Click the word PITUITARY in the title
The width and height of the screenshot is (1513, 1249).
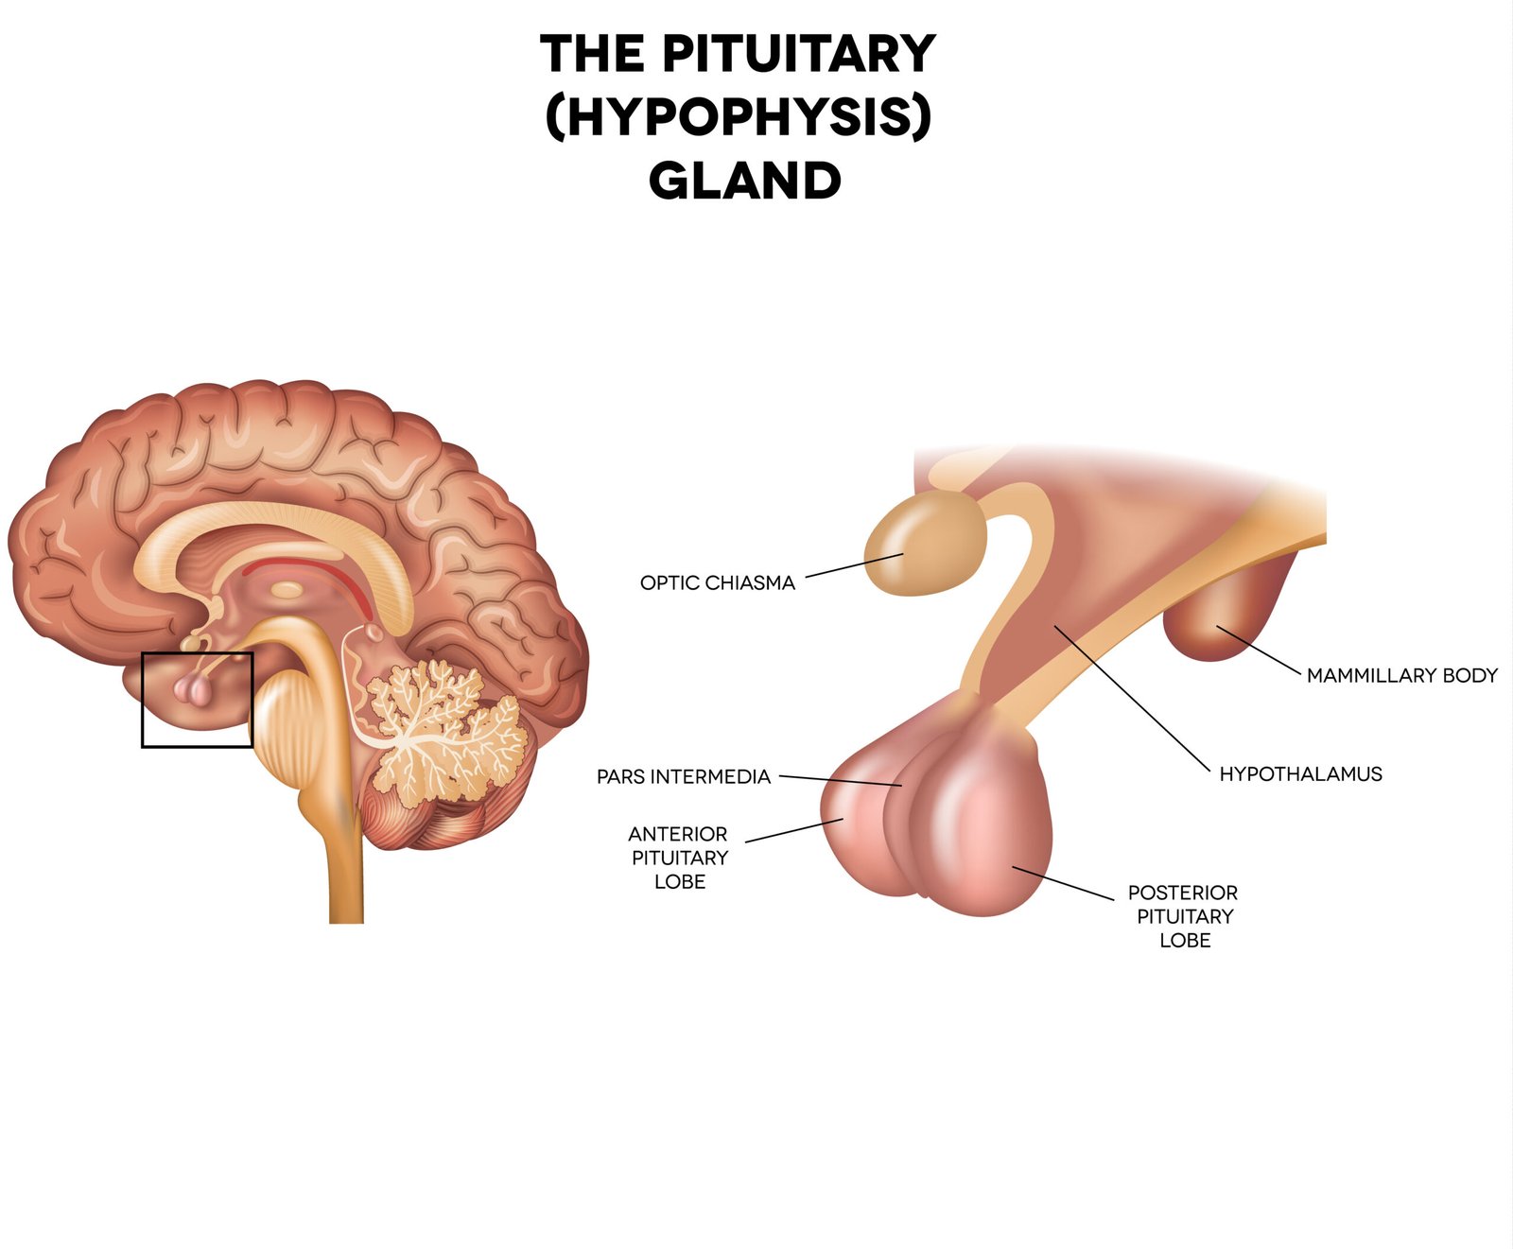pyautogui.click(x=798, y=54)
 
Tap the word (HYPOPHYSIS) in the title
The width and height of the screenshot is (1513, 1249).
pyautogui.click(x=739, y=117)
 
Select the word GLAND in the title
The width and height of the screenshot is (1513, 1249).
pyautogui.click(x=744, y=181)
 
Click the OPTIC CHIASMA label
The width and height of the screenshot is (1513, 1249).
pyautogui.click(x=717, y=583)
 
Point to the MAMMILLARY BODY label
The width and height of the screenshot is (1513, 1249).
pyautogui.click(x=1401, y=676)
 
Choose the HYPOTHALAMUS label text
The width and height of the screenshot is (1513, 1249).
pyautogui.click(x=1300, y=774)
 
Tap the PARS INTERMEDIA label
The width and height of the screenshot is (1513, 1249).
pyautogui.click(x=683, y=777)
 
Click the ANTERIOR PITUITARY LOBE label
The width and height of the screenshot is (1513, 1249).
pyautogui.click(x=679, y=858)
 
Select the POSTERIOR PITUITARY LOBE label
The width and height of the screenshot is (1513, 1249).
pyautogui.click(x=1183, y=916)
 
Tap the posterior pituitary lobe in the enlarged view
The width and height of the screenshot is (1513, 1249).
pyautogui.click(x=988, y=832)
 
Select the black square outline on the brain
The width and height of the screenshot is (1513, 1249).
pyautogui.click(x=142, y=700)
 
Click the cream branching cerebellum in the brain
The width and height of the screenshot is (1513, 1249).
pyautogui.click(x=440, y=728)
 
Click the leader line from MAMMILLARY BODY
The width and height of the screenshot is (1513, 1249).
pyautogui.click(x=1258, y=650)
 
